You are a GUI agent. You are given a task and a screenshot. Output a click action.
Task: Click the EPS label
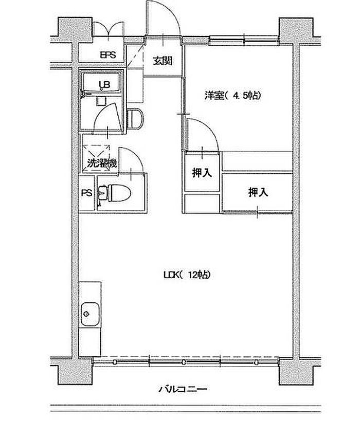point(108,55)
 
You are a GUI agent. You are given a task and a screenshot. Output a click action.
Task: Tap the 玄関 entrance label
point(163,61)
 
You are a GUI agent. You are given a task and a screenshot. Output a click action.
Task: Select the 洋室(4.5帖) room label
point(232,96)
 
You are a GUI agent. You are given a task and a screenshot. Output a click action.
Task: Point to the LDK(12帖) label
point(187,275)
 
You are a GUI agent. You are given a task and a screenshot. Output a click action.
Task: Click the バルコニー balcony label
point(183,389)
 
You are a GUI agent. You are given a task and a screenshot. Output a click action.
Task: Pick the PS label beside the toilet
point(87,193)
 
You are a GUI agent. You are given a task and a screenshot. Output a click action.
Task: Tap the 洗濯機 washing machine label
point(101,163)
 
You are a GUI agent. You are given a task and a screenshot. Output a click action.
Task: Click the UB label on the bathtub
point(105,84)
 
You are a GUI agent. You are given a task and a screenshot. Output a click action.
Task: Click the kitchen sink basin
point(90,314)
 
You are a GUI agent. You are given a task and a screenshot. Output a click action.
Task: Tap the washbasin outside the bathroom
point(136,119)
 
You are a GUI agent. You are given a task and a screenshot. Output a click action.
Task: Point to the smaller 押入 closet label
point(202,173)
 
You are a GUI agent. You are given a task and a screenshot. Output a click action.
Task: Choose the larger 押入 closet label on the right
point(258,192)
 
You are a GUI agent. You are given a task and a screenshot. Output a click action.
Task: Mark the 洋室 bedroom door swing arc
point(210,128)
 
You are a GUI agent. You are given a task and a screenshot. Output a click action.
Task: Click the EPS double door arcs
point(108,27)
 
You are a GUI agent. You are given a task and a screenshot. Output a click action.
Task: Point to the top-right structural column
point(296,31)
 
